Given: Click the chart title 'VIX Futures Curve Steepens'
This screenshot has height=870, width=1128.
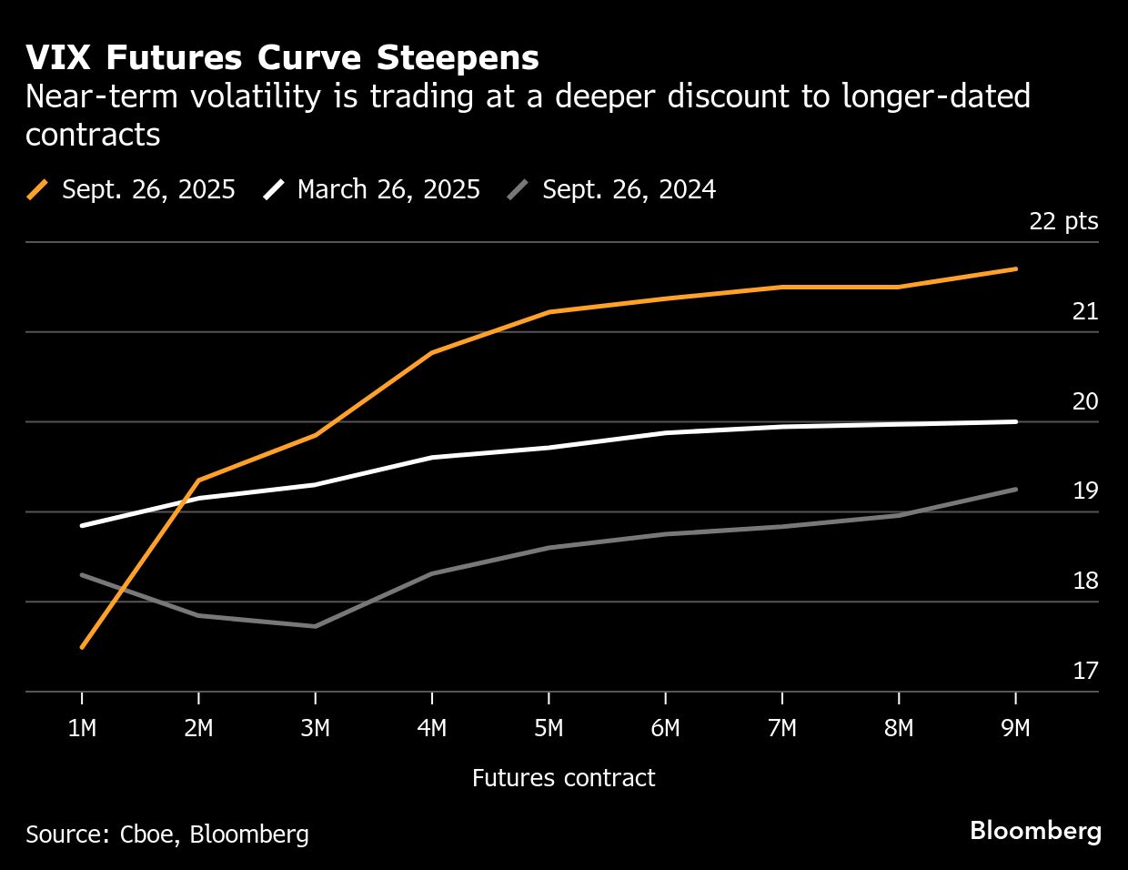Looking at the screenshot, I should (282, 58).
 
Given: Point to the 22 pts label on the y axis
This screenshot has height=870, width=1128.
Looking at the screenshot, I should (1063, 221).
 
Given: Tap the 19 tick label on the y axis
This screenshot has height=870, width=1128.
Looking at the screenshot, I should (1085, 491).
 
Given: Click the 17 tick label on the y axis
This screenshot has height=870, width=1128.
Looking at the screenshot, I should (1085, 671).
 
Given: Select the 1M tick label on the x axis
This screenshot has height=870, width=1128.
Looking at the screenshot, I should (82, 729).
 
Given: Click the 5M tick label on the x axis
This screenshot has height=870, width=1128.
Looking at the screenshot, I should (549, 729).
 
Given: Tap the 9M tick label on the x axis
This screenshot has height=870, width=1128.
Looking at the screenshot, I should (1015, 729).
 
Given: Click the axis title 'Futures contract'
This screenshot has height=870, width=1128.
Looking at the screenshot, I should (563, 778).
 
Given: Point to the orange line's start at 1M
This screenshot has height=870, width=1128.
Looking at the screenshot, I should (82, 647).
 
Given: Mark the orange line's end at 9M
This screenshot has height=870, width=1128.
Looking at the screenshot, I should (1015, 268).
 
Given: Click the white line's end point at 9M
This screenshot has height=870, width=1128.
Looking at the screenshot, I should (1015, 421).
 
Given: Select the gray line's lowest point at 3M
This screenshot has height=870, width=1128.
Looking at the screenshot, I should (315, 626).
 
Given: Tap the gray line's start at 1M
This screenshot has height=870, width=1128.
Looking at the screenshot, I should (82, 574).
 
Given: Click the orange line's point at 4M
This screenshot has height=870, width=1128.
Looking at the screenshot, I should (431, 352).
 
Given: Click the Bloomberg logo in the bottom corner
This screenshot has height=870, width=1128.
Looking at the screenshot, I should (1035, 831).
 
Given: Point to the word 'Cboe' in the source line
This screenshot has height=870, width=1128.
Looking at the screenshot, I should (148, 835).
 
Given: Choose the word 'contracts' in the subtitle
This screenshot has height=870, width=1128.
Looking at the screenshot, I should (93, 135).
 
